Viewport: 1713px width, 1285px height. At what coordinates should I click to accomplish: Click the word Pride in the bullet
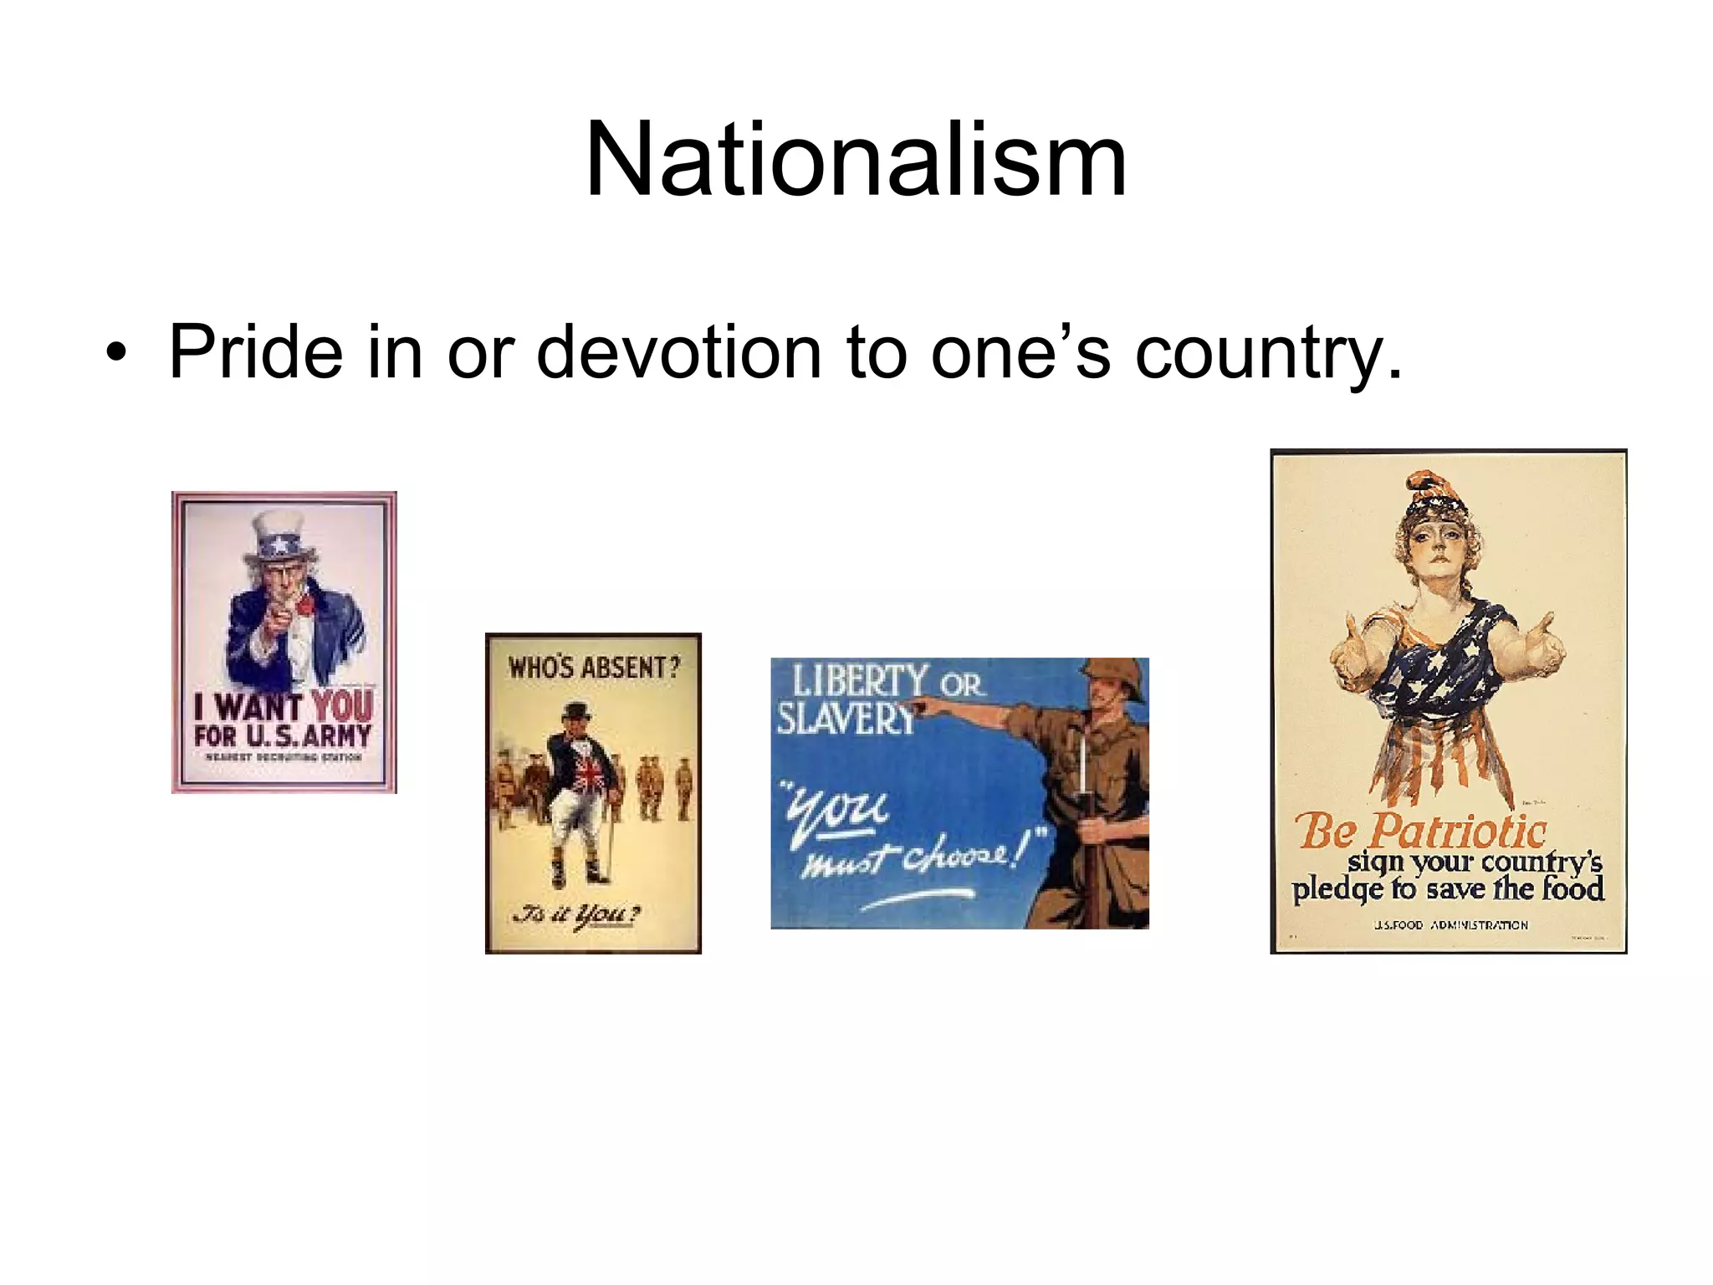click(255, 352)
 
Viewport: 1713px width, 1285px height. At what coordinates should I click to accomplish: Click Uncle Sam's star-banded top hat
click(279, 540)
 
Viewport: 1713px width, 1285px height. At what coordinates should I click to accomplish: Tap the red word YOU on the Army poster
click(342, 706)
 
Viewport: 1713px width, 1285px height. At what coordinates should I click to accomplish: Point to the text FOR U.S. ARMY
click(283, 736)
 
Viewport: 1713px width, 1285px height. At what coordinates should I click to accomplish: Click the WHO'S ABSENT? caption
click(594, 668)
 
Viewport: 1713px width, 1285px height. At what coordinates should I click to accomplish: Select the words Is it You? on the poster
click(577, 914)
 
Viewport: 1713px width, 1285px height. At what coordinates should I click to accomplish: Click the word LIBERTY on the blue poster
click(860, 682)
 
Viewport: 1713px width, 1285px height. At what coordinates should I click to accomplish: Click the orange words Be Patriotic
click(1420, 832)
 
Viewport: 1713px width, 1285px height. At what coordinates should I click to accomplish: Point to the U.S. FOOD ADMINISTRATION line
click(1450, 925)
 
